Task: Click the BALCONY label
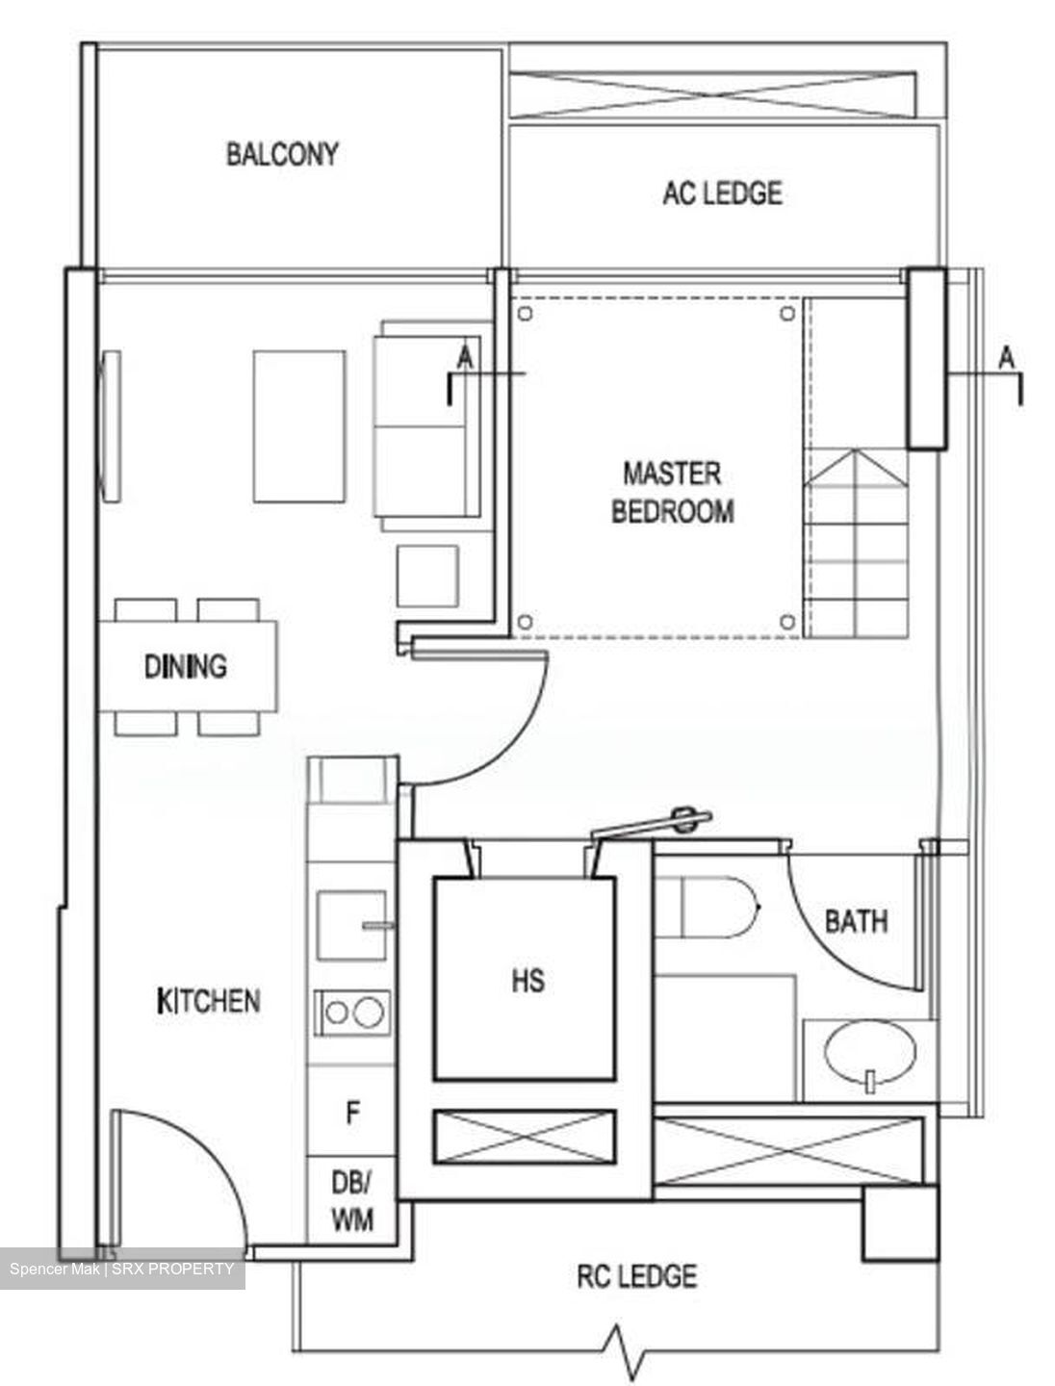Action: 282,154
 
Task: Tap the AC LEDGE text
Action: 722,192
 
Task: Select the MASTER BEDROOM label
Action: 673,493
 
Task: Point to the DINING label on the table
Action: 186,666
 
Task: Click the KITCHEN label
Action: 208,1001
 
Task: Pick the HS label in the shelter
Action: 527,980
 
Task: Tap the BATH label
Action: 856,921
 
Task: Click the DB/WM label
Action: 352,1200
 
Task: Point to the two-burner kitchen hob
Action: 352,1013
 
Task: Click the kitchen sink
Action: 351,925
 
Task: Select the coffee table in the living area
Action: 299,426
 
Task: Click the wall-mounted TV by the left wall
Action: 111,426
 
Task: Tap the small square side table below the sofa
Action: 427,576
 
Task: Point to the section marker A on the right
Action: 1006,358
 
